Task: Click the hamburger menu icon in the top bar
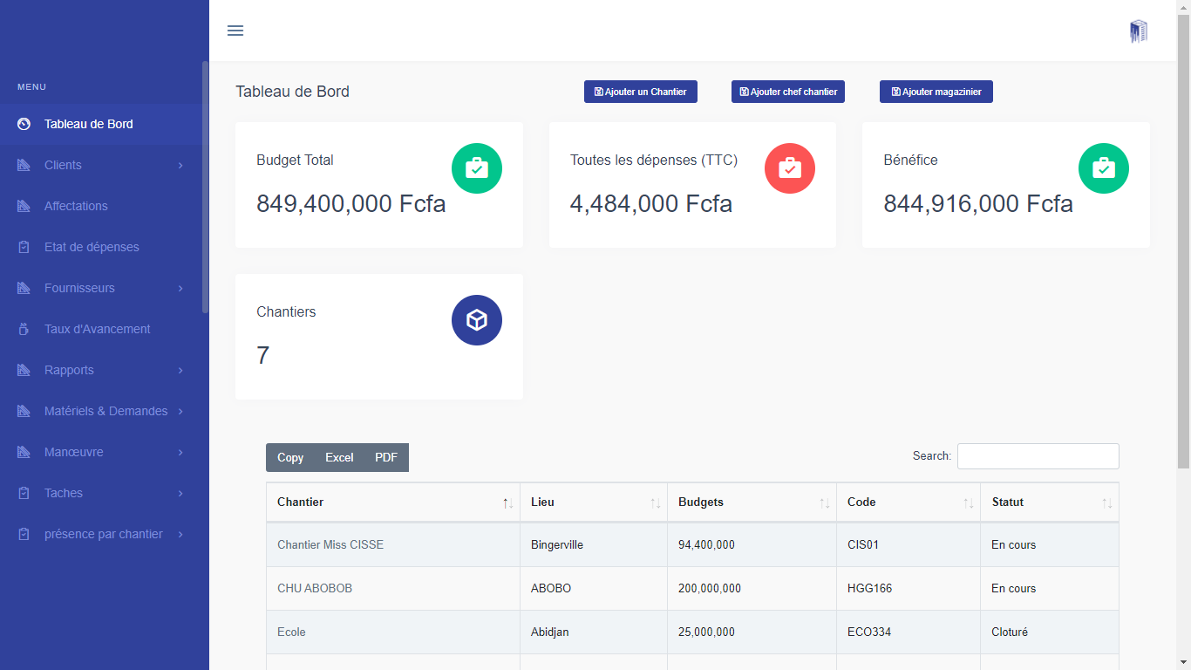(235, 31)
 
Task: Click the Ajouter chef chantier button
(788, 92)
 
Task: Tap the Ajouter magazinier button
(936, 92)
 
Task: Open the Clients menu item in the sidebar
(64, 165)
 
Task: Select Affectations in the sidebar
(77, 206)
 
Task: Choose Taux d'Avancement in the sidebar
(98, 329)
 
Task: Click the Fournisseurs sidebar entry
(80, 288)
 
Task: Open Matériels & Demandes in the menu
(106, 411)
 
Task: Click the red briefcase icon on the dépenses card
(790, 168)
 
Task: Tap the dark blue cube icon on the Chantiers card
(477, 320)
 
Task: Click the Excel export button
(339, 458)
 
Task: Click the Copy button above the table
(290, 458)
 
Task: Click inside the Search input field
(1038, 456)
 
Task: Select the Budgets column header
(701, 502)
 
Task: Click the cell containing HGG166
(869, 589)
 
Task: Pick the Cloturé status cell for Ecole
(1010, 632)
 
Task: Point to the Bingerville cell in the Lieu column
(557, 545)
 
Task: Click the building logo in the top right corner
(1139, 31)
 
